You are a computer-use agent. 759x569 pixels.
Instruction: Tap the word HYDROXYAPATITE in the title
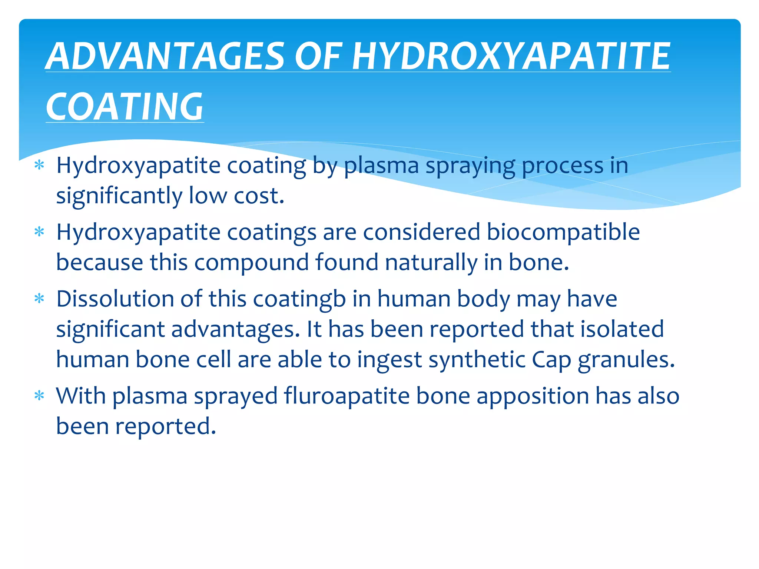point(511,56)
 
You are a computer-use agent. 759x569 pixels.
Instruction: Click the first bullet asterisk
point(39,165)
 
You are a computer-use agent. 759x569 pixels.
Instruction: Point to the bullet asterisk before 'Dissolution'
point(39,299)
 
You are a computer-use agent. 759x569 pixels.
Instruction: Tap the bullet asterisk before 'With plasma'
point(39,396)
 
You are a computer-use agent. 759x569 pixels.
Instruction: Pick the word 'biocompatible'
point(563,232)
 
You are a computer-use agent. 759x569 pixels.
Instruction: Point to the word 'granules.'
point(626,360)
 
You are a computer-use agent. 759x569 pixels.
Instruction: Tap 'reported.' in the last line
point(165,426)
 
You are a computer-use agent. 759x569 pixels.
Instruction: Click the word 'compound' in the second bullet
point(251,263)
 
